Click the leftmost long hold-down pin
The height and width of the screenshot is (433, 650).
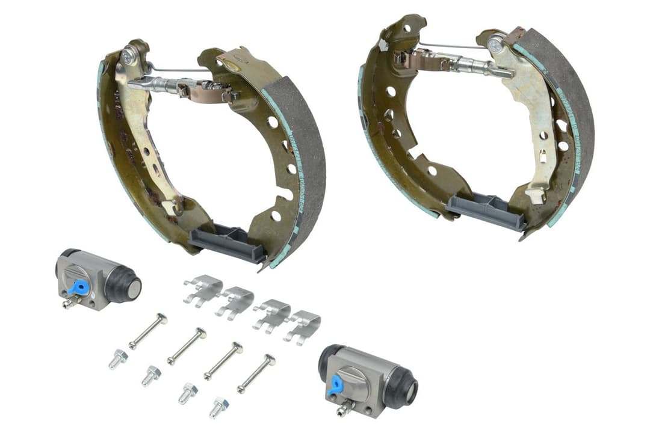pyautogui.click(x=148, y=330)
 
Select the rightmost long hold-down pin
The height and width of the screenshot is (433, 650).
pyautogui.click(x=256, y=373)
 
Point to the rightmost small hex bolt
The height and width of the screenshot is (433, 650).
pyautogui.click(x=218, y=408)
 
